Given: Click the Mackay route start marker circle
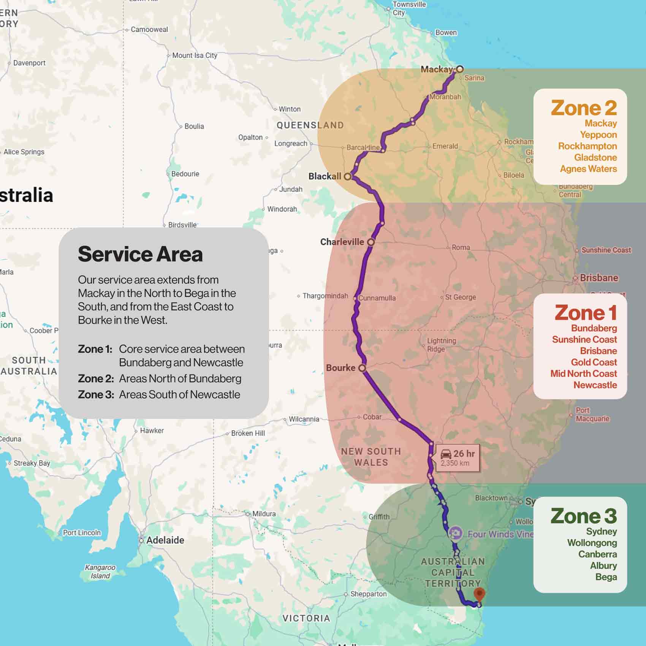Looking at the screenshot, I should tap(460, 69).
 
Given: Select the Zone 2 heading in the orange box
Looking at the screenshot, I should tap(584, 108).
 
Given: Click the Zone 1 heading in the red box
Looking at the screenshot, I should tap(585, 313).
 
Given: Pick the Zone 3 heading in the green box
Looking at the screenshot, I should tap(584, 516).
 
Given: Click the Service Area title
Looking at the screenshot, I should tap(140, 254).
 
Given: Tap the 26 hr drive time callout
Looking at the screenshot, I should tap(458, 458).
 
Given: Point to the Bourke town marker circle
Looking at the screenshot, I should tap(362, 368).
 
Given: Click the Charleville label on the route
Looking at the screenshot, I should tap(342, 242).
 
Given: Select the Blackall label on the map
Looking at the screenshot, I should tap(325, 176).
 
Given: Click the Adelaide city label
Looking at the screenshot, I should tap(165, 540).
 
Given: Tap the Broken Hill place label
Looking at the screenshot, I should tap(248, 433).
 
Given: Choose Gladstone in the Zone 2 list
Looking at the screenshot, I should tap(595, 157).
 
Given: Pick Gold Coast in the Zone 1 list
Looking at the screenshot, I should tap(594, 362).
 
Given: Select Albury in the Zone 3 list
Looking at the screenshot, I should tap(603, 565).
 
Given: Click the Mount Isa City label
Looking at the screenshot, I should tap(195, 55).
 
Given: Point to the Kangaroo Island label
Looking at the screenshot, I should tap(100, 572).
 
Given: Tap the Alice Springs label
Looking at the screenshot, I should tap(24, 152).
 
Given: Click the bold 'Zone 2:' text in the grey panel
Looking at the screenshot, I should tap(96, 378).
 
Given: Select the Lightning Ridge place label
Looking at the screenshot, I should tap(441, 345).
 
